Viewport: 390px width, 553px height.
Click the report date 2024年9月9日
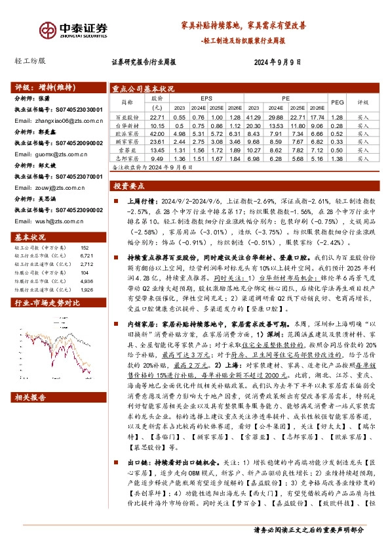(277, 63)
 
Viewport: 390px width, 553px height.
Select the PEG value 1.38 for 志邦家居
(338, 158)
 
